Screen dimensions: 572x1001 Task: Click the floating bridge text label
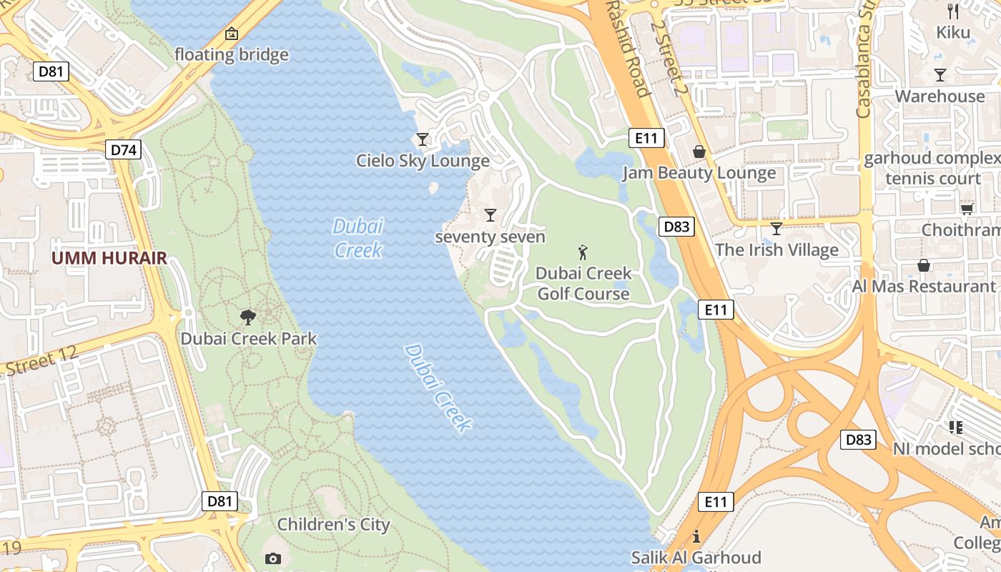(232, 54)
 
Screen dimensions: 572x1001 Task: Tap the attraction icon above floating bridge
(232, 34)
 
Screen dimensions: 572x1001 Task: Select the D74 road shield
(124, 149)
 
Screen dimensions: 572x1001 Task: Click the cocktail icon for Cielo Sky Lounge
(423, 139)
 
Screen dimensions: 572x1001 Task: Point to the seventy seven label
(490, 237)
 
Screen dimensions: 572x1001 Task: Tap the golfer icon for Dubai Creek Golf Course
(583, 252)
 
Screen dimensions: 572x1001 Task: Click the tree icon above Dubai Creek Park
(248, 317)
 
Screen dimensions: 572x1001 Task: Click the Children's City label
(333, 524)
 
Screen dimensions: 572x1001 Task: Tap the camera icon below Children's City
(272, 558)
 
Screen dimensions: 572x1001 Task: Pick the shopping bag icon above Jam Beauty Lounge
(699, 152)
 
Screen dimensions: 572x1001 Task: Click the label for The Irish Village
(776, 250)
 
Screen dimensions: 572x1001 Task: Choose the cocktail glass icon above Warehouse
(940, 75)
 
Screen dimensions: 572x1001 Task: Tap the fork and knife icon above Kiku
(952, 11)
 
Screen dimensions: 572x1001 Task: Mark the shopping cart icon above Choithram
(967, 208)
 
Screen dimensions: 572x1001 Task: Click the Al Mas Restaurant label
(924, 286)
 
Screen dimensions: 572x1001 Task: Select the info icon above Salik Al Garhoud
(696, 536)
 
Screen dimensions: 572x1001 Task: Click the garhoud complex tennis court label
(932, 168)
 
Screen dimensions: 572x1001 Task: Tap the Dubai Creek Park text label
(248, 338)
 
